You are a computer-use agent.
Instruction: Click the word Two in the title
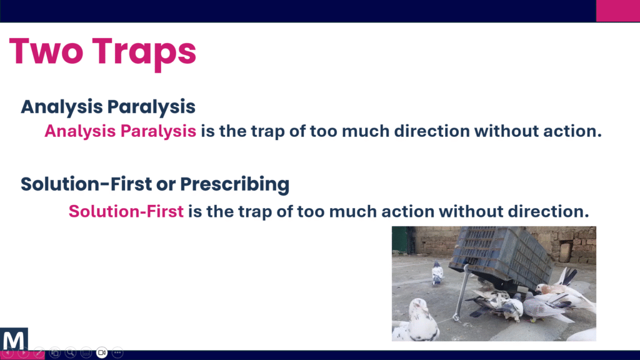46,51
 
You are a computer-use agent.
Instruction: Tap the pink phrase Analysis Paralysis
121,131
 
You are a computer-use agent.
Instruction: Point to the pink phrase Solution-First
126,211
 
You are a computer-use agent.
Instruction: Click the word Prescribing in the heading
235,184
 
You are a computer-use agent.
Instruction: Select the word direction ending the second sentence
549,211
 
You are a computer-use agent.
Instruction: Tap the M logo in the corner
14,339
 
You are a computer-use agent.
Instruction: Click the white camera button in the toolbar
102,352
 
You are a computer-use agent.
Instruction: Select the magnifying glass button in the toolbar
70,352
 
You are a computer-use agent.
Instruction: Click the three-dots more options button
117,352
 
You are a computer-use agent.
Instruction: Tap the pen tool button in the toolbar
39,352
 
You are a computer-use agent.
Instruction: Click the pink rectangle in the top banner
618,11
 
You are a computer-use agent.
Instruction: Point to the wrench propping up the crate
461,292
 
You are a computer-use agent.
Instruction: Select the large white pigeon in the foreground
416,321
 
